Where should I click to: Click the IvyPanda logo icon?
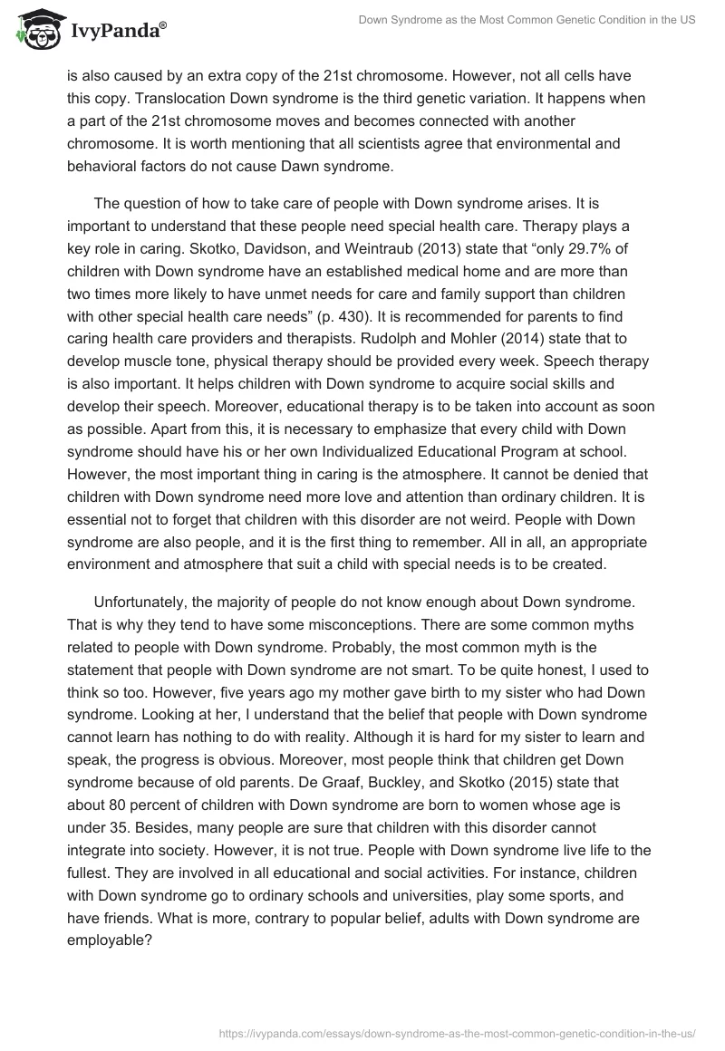point(36,31)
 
